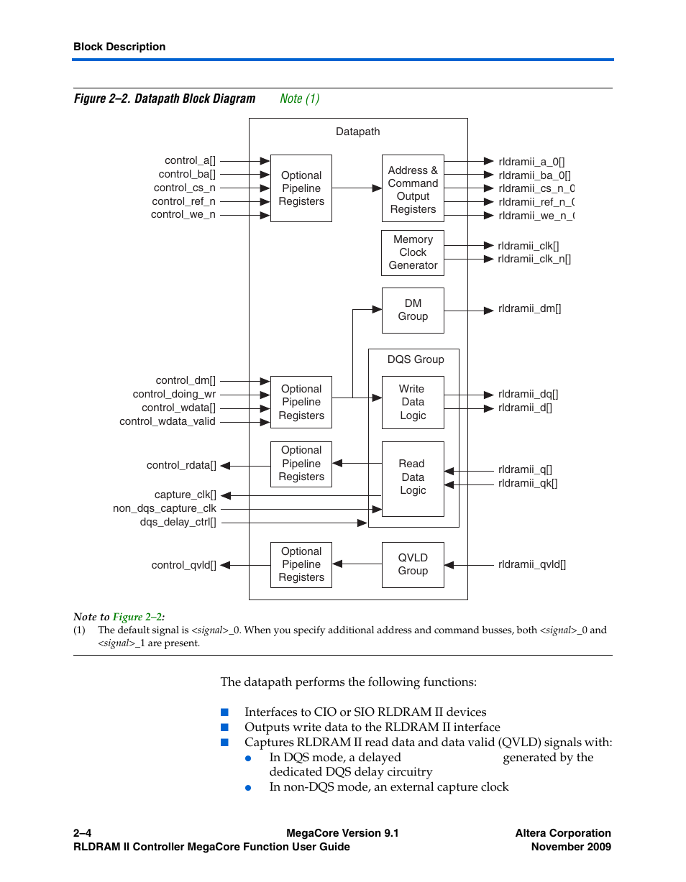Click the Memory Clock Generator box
pyautogui.click(x=412, y=252)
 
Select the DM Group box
pyautogui.click(x=412, y=310)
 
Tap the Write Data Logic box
pyautogui.click(x=412, y=402)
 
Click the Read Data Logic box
pyautogui.click(x=412, y=478)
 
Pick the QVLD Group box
pyautogui.click(x=412, y=564)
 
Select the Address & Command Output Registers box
pyautogui.click(x=412, y=190)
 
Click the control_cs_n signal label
pyautogui.click(x=184, y=188)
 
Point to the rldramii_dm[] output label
pyautogui.click(x=529, y=309)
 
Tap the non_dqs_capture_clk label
pyautogui.click(x=164, y=508)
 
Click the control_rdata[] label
pyautogui.click(x=181, y=465)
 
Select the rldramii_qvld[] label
pyautogui.click(x=531, y=564)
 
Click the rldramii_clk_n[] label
pyautogui.click(x=534, y=259)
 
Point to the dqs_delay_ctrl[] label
pyautogui.click(x=178, y=522)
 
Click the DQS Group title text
pyautogui.click(x=415, y=359)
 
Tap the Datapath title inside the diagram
pyautogui.click(x=357, y=132)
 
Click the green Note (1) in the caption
pyautogui.click(x=299, y=98)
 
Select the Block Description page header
pyautogui.click(x=119, y=47)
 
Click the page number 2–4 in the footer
pyautogui.click(x=82, y=833)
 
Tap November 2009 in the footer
pyautogui.click(x=571, y=847)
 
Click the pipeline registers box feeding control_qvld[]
pyautogui.click(x=301, y=564)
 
